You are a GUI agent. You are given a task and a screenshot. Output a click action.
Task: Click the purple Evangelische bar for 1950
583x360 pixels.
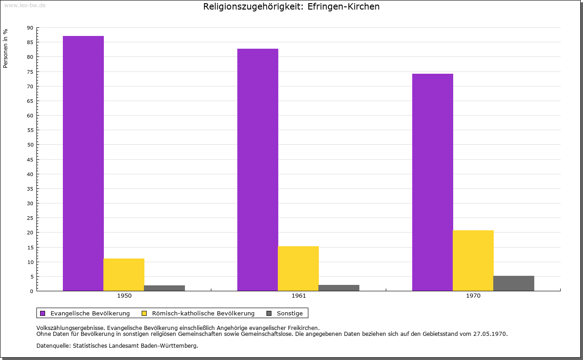pos(83,163)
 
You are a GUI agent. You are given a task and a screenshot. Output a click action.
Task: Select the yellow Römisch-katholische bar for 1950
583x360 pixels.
pos(124,274)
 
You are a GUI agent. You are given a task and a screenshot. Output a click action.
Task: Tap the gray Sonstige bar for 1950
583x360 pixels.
pos(164,288)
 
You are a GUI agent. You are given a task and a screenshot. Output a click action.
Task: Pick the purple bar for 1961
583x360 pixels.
pos(258,170)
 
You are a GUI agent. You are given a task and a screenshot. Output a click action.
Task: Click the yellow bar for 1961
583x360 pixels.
pos(298,269)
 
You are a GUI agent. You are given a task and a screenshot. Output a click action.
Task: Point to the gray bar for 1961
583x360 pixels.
pos(339,288)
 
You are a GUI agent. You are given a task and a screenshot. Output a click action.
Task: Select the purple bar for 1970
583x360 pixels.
pos(433,182)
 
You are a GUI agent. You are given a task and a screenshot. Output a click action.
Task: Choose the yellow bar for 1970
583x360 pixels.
pos(473,260)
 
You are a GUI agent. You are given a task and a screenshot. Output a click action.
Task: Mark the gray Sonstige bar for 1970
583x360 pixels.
pos(514,283)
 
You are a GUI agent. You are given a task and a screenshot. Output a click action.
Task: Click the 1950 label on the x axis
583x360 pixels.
pos(124,296)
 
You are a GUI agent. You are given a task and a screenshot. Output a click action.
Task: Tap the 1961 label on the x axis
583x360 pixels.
pos(299,296)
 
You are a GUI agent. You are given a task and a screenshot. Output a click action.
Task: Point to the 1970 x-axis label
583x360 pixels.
pos(473,296)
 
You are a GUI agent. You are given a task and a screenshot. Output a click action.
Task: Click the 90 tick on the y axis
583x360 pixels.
pos(30,28)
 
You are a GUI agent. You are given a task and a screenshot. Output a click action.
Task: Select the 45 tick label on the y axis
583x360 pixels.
pos(30,160)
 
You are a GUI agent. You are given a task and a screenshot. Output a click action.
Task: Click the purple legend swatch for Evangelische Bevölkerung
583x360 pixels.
pos(43,313)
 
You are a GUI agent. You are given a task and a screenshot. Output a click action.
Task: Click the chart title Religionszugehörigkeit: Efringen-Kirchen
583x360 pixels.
pos(291,7)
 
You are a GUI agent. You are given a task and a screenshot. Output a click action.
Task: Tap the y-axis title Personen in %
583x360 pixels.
pos(5,48)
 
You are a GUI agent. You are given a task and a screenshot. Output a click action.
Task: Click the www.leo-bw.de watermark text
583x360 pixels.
pos(25,5)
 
